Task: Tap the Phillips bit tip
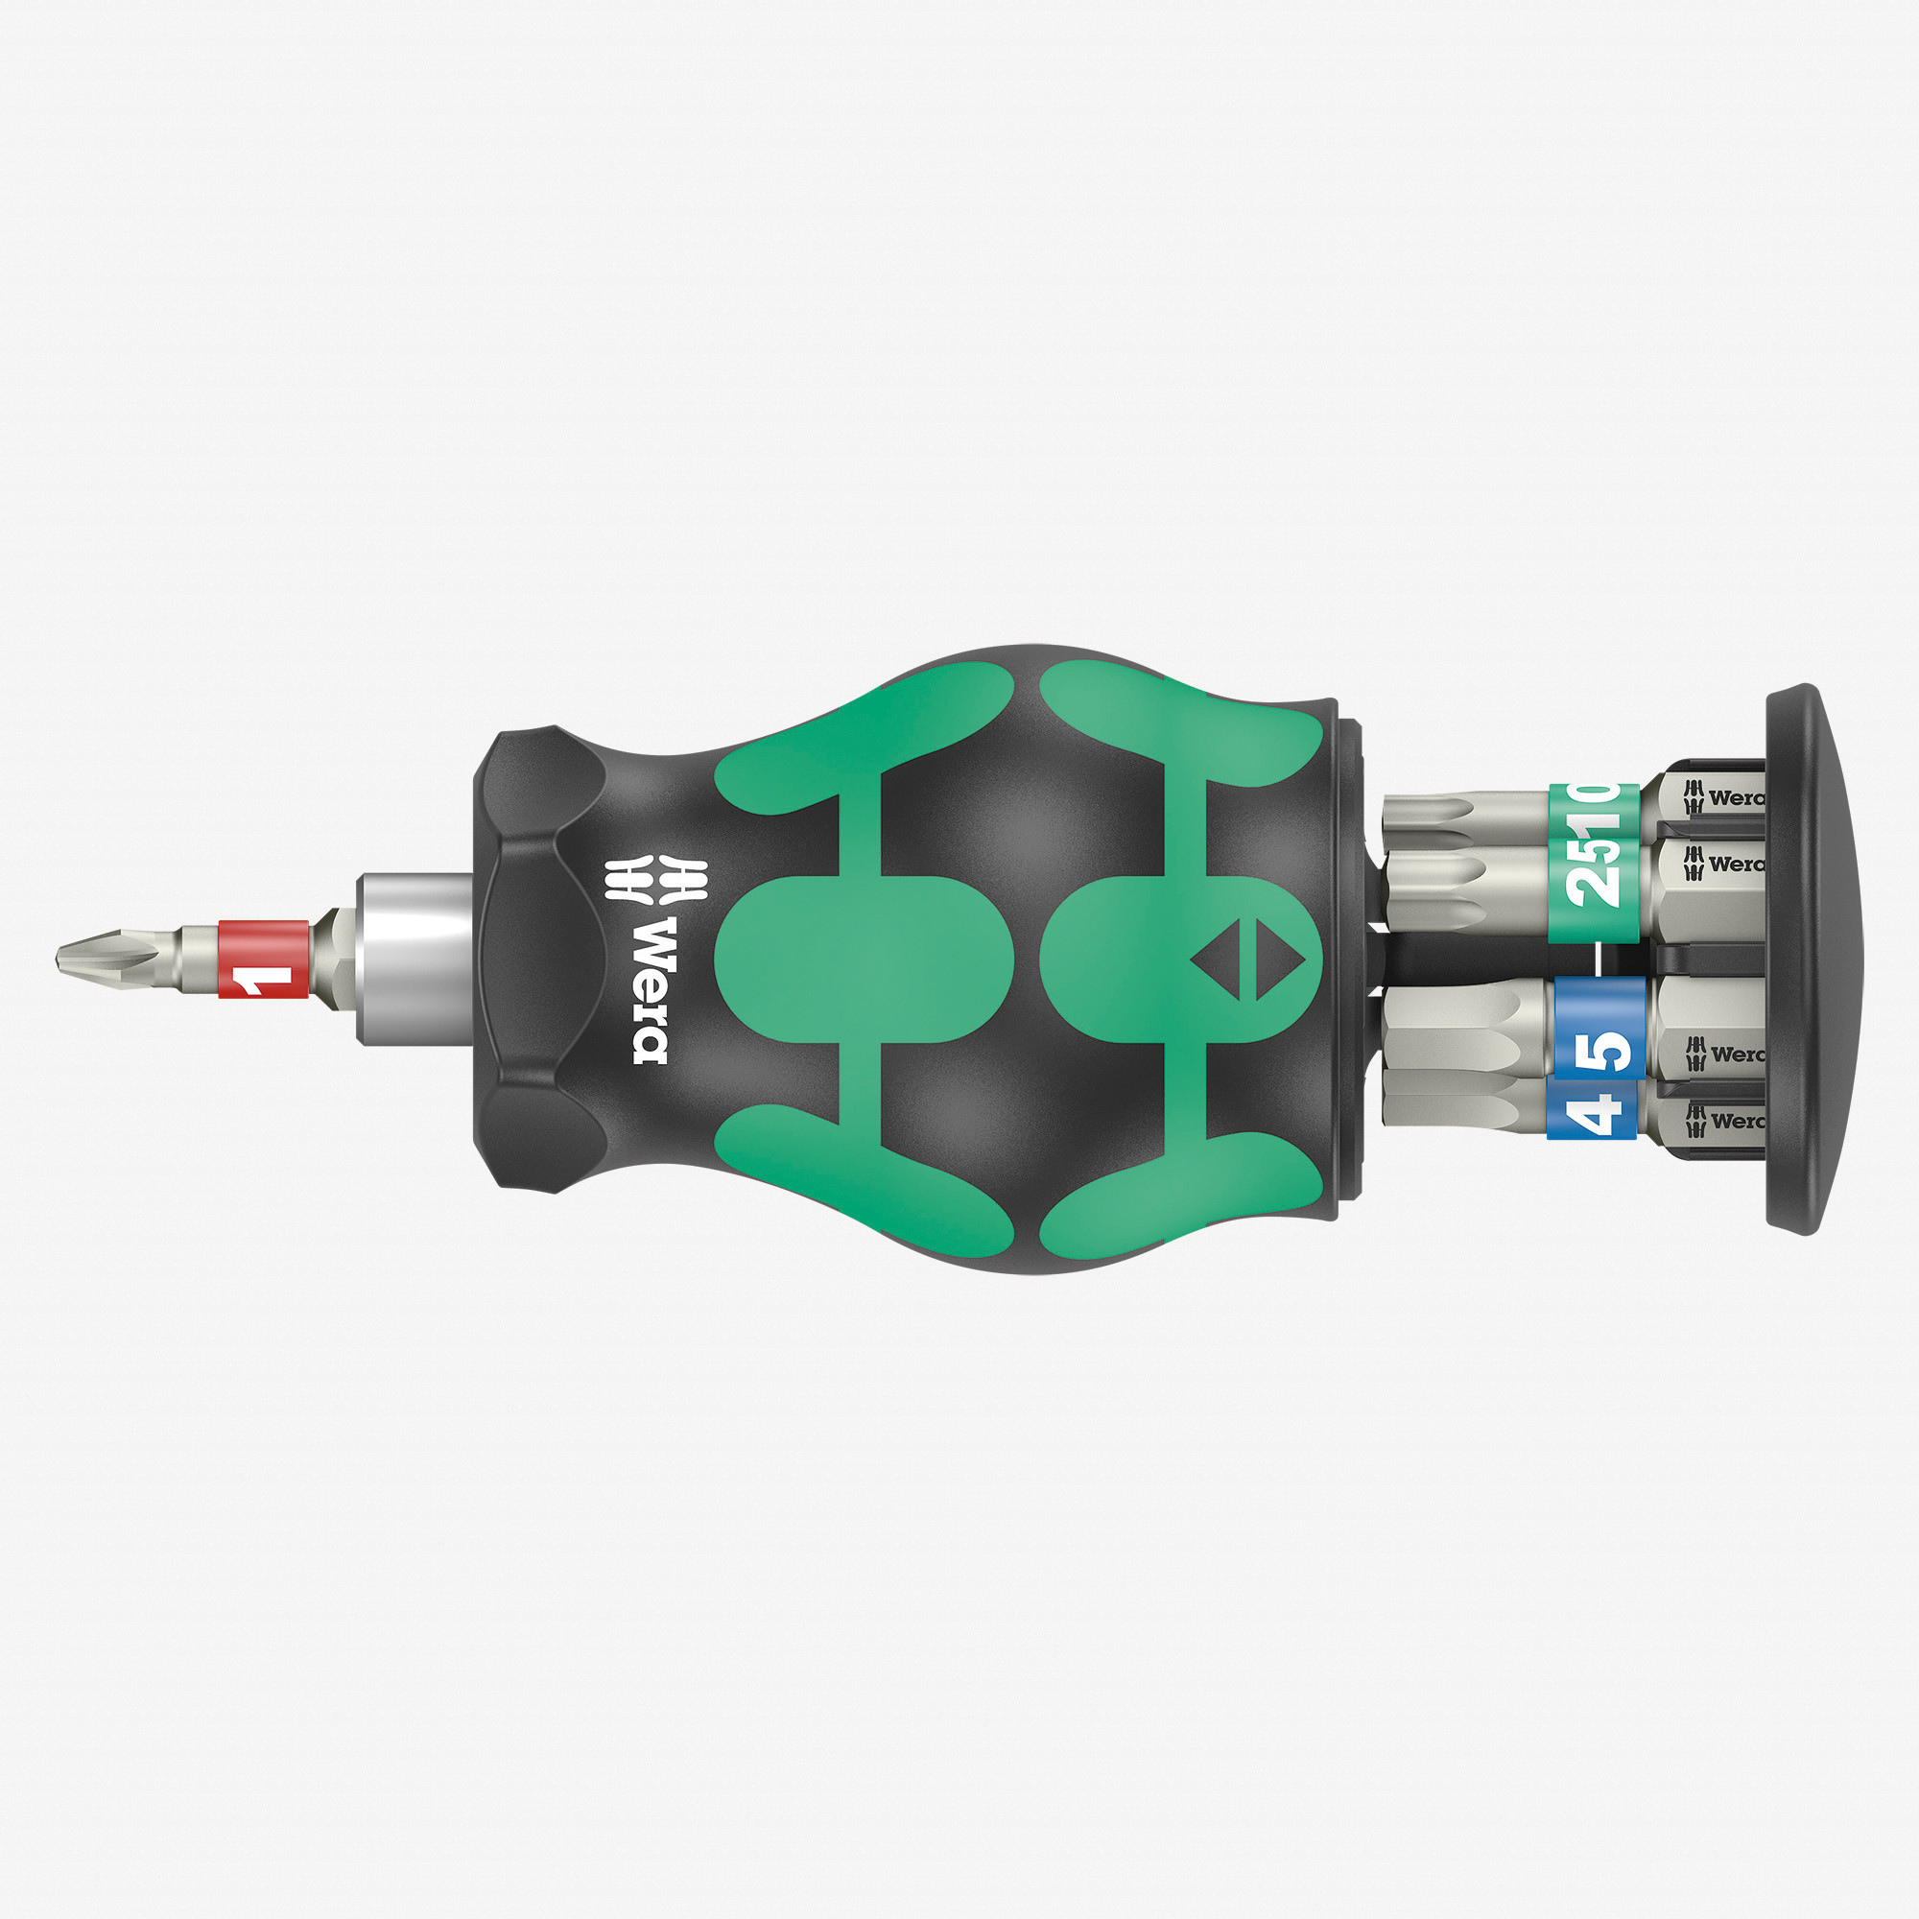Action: [x=94, y=959]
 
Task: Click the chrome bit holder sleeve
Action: [x=415, y=959]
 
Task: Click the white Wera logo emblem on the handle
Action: [x=655, y=878]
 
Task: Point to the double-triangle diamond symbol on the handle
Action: [x=1247, y=959]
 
